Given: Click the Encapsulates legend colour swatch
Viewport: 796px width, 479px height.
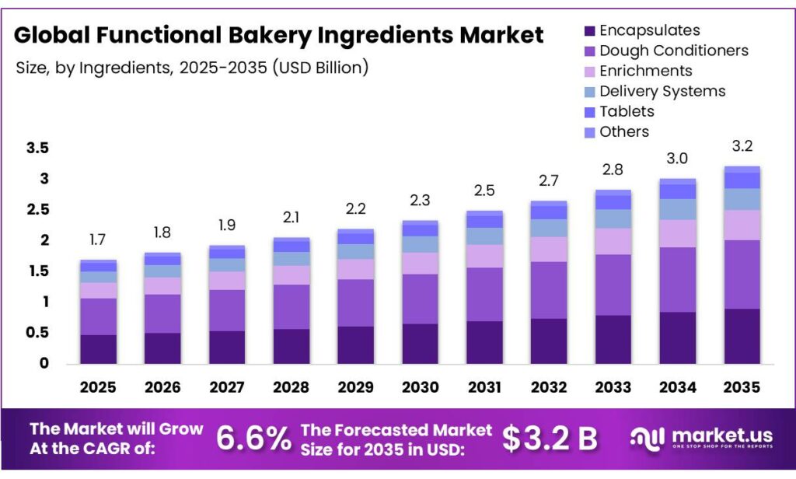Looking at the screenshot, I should click(x=589, y=31).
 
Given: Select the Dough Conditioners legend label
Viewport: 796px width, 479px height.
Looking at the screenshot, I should click(x=674, y=51).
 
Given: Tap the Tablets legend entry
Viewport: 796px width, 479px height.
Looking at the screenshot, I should click(x=627, y=111).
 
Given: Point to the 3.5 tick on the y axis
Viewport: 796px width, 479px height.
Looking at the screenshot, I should click(x=38, y=148).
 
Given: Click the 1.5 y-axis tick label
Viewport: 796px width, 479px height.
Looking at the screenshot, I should click(x=38, y=271).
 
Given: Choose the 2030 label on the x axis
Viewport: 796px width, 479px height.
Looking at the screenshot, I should click(x=419, y=386).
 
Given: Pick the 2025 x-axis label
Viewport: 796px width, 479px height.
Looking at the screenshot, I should click(x=98, y=386).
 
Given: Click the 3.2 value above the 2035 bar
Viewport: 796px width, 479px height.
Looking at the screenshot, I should click(x=742, y=146).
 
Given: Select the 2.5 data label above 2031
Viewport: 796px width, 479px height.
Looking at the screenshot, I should click(x=484, y=191).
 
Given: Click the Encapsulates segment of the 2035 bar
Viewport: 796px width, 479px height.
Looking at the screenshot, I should click(x=742, y=336).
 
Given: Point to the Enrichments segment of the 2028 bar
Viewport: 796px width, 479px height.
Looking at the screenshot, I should click(x=291, y=275).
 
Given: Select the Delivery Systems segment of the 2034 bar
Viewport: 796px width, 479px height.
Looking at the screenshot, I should click(x=678, y=209).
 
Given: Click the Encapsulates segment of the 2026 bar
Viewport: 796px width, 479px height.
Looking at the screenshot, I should click(x=162, y=348).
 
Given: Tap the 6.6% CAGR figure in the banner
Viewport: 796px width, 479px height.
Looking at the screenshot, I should click(x=253, y=439).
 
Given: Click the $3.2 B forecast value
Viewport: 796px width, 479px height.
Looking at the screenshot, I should click(x=550, y=439).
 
